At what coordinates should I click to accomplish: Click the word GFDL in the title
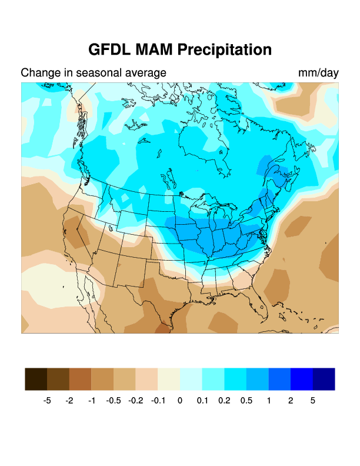click(112, 49)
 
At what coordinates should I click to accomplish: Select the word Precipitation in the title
click(227, 49)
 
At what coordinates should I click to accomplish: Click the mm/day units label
click(318, 73)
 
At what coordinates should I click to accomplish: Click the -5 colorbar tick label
click(47, 401)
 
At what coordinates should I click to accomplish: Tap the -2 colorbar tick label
click(69, 401)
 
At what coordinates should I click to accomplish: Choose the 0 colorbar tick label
click(180, 401)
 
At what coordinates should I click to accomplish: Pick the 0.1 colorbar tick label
click(202, 401)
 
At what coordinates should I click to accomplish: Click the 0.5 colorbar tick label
click(246, 401)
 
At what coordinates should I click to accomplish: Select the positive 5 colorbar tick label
click(313, 401)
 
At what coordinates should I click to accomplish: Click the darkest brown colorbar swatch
click(36, 379)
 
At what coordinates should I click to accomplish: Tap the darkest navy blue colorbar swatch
click(324, 379)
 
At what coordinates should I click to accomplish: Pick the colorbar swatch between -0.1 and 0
click(169, 379)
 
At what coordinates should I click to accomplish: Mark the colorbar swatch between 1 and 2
click(279, 379)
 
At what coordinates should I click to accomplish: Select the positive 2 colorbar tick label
click(291, 401)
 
